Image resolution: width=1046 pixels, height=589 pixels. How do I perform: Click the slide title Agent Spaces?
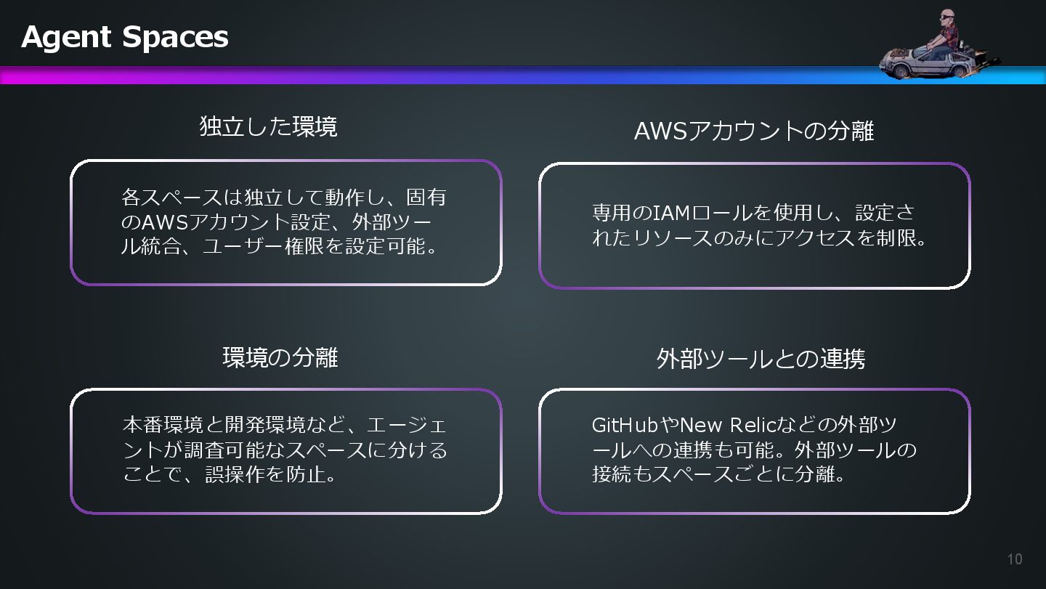pyautogui.click(x=125, y=36)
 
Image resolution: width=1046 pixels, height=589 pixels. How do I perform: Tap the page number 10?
pyautogui.click(x=1015, y=558)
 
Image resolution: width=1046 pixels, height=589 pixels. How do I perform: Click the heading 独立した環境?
pyautogui.click(x=268, y=127)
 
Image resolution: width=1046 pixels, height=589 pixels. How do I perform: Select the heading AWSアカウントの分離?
pyautogui.click(x=753, y=131)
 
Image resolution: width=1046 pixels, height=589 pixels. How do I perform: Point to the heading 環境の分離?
pyautogui.click(x=280, y=357)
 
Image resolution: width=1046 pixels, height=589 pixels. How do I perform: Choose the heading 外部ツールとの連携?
pyautogui.click(x=761, y=359)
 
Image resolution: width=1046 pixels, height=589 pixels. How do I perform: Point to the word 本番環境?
pyautogui.click(x=160, y=425)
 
